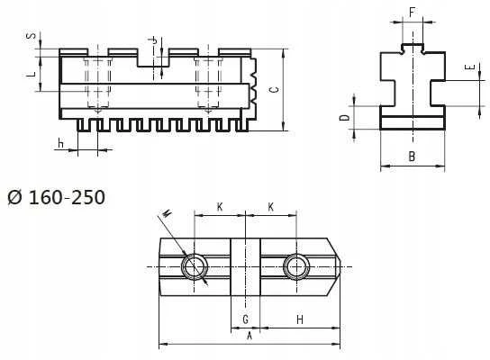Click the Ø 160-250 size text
57,197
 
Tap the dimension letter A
250,336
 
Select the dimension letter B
412,156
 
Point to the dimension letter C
274,90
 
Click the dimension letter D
344,117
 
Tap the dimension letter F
413,13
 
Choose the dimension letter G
246,319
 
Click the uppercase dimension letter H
300,319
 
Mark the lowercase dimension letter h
60,143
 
